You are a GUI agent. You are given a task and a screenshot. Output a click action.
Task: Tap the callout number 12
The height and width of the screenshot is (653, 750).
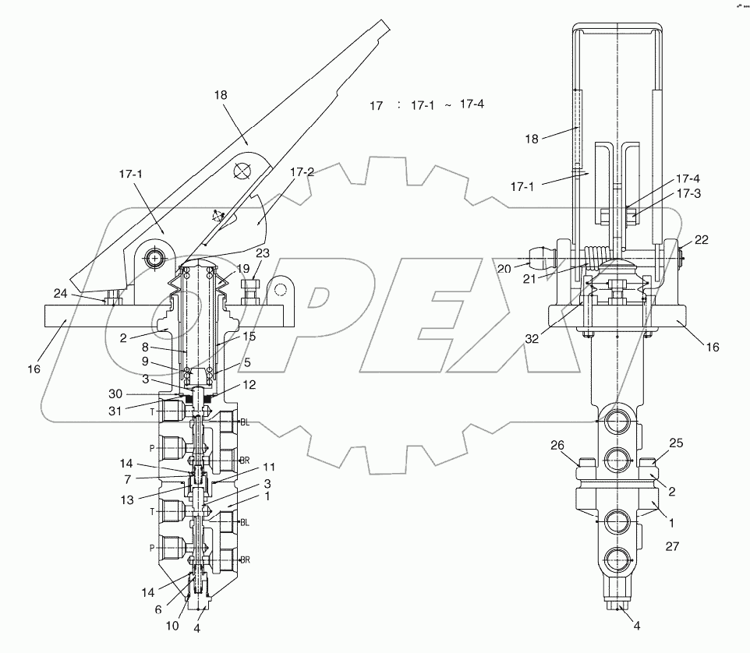tap(248, 386)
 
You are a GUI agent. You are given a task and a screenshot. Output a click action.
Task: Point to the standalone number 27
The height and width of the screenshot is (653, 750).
tap(672, 547)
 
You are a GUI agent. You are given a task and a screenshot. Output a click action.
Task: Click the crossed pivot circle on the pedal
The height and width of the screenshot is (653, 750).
tap(242, 171)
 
